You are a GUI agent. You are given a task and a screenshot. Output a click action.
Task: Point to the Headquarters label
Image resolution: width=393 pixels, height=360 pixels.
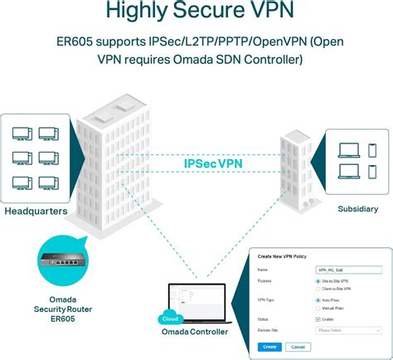coord(37,212)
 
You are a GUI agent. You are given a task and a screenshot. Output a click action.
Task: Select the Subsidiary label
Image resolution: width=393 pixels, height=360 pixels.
coord(357,208)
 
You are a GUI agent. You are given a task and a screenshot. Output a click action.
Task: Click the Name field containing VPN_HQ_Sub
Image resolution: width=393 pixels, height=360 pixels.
coord(347,270)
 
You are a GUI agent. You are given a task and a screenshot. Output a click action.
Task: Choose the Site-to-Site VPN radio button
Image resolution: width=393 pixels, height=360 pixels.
coord(318,280)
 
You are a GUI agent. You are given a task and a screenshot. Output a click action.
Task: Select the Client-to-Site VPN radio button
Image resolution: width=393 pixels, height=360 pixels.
coord(318,288)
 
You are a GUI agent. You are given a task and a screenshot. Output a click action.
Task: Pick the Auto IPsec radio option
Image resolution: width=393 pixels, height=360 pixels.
coord(318,299)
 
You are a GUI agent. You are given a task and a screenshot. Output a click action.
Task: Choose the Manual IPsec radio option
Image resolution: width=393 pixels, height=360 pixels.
coord(318,308)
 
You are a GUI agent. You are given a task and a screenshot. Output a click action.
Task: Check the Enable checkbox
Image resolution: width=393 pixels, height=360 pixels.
coord(318,319)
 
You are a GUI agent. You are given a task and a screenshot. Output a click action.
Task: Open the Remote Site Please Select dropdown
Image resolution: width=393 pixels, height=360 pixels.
coord(347,329)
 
